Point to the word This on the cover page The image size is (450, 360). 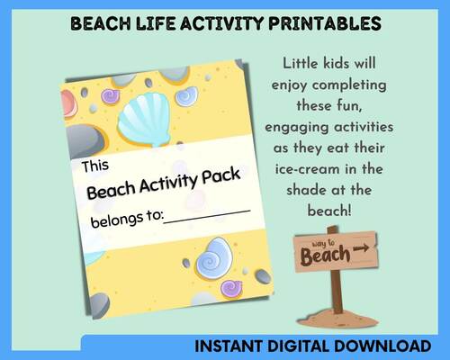(97, 166)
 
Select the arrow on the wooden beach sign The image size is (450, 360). (362, 247)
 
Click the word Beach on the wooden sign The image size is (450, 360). (327, 257)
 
